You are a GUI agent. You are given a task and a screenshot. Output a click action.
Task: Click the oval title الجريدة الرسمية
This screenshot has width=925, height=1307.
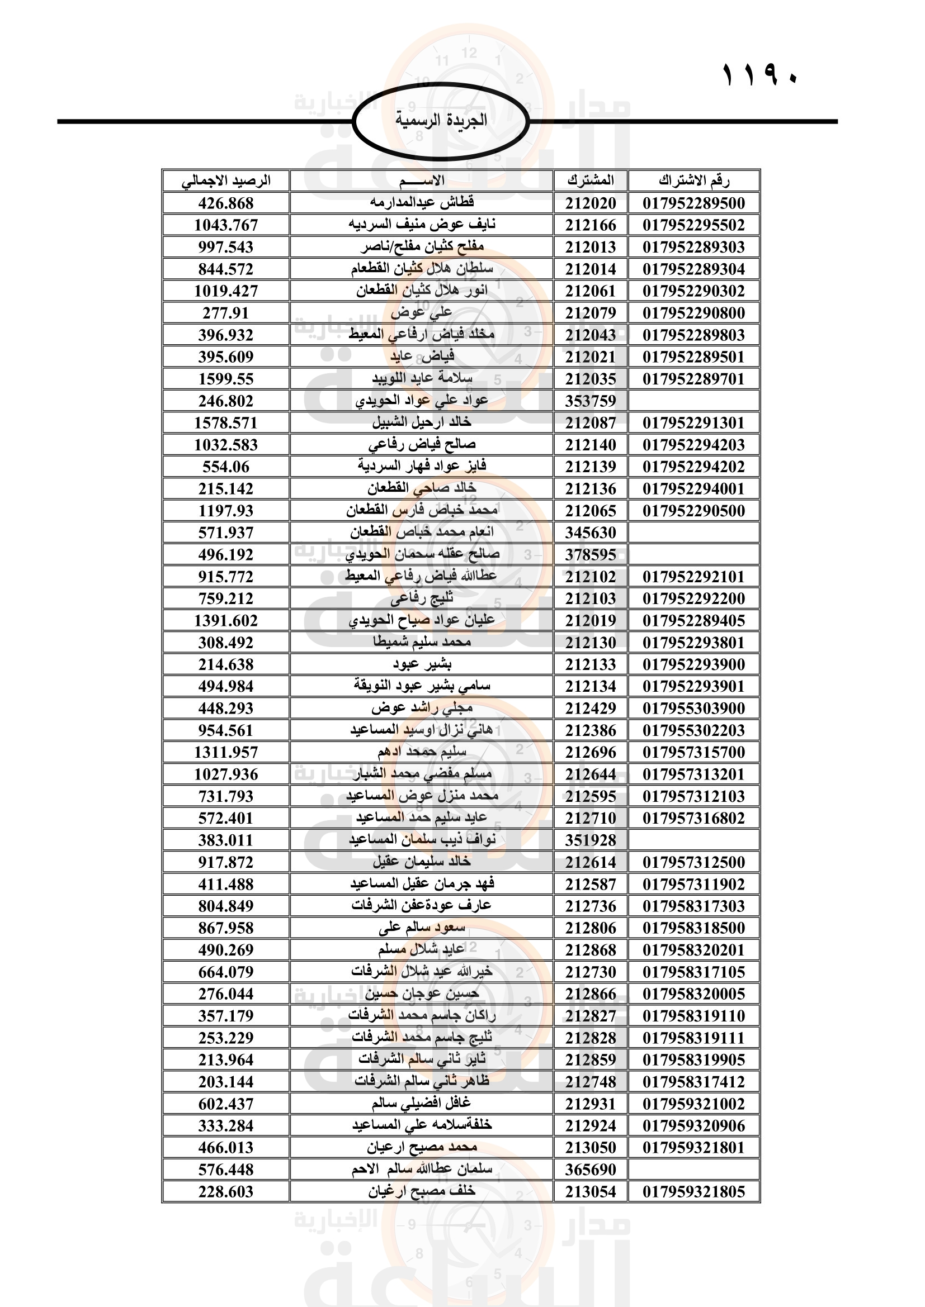click(441, 121)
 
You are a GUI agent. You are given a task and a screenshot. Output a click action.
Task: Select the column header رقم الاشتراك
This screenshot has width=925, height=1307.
click(693, 181)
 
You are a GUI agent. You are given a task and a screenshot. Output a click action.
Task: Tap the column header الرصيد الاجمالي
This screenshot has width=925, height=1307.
click(226, 181)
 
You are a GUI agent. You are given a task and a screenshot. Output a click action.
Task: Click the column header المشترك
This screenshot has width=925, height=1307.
click(591, 181)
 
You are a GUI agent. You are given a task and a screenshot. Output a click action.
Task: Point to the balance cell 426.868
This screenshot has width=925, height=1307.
click(226, 203)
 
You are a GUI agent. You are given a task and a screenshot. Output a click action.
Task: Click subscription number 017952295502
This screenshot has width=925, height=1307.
click(693, 225)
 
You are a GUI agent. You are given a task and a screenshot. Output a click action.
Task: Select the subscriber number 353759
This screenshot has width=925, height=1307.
click(591, 401)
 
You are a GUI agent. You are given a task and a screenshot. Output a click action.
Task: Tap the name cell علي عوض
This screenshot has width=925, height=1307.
click(422, 312)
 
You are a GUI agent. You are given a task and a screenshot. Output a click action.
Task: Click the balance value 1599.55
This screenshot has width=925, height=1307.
click(226, 379)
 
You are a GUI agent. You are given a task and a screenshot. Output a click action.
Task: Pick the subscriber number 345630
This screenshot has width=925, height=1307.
click(591, 533)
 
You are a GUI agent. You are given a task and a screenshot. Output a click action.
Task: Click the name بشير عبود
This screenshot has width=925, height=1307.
click(422, 664)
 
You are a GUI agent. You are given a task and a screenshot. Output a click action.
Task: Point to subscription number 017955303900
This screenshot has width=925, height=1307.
click(693, 709)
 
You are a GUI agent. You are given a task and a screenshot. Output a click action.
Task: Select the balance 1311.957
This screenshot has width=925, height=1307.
click(226, 753)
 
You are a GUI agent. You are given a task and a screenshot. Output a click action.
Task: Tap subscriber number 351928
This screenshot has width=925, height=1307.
click(591, 840)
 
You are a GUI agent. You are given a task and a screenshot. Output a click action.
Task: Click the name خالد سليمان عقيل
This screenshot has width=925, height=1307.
click(422, 862)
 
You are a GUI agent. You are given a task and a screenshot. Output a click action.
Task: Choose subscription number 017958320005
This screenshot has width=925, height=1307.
click(693, 994)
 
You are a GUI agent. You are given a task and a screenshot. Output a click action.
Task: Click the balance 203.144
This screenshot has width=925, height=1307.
click(226, 1082)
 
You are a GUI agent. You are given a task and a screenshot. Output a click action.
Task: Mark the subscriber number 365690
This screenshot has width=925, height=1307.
click(591, 1170)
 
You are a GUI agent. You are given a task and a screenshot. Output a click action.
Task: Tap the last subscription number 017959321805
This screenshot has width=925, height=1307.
click(693, 1191)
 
